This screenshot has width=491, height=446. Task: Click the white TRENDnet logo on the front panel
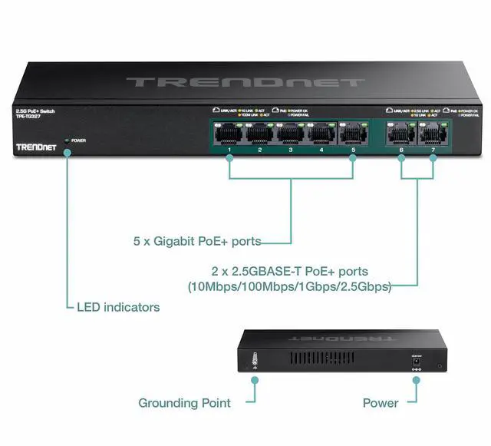[x=34, y=144]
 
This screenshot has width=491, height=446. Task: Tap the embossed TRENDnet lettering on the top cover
[x=245, y=81]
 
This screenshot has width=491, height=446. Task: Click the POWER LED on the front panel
[x=68, y=141]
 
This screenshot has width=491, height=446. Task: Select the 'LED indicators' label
[x=118, y=307]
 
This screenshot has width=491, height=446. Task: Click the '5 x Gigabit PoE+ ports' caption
[x=196, y=242]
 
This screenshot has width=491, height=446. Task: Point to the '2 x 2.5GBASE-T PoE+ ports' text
[x=289, y=272]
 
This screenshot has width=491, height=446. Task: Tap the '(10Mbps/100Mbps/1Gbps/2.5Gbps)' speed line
[x=289, y=287]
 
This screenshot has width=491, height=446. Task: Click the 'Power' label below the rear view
[x=381, y=402]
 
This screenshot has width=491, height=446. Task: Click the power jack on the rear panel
[x=417, y=361]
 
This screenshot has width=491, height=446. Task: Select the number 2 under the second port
[x=260, y=150]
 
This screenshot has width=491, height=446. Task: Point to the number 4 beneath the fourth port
[x=321, y=150]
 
